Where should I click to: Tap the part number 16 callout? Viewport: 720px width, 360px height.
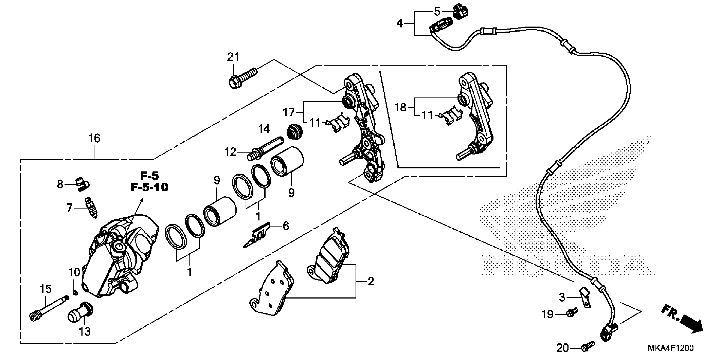94,138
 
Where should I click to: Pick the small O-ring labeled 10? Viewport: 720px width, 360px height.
75,292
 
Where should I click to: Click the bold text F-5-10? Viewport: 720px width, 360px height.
150,187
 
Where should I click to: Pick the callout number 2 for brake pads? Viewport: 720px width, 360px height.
371,281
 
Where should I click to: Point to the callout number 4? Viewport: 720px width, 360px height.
399,24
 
